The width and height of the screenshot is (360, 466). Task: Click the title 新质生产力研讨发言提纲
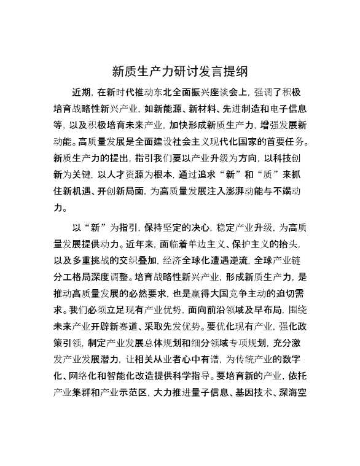pos(180,71)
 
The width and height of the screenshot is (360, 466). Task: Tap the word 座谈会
pos(231,93)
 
